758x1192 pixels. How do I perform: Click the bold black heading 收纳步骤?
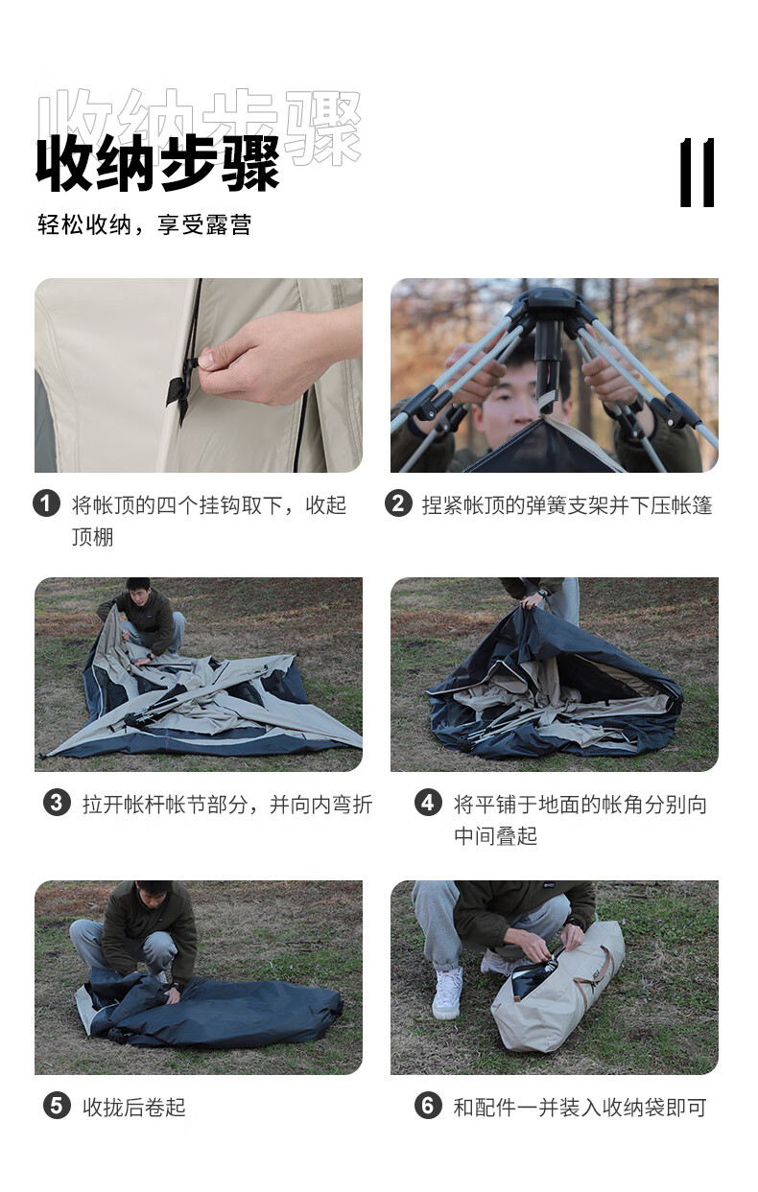[x=157, y=163]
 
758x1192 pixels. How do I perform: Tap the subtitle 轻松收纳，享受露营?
[x=144, y=224]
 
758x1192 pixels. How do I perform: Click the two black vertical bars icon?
[x=697, y=173]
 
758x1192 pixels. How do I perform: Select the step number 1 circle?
[x=46, y=503]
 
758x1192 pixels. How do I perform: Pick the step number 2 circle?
[x=399, y=503]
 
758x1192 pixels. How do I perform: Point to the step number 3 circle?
[x=57, y=803]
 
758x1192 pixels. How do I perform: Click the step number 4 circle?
[x=429, y=803]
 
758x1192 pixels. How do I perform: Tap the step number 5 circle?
[x=57, y=1106]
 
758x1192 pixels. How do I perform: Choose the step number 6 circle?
[x=429, y=1106]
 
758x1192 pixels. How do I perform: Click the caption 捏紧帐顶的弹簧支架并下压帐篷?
[x=567, y=505]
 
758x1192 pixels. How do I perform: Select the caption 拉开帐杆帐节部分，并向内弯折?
[x=227, y=804]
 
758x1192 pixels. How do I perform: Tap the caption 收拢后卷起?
[x=134, y=1107]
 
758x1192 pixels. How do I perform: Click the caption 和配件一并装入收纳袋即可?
[x=580, y=1107]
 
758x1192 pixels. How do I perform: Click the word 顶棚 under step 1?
[x=93, y=537]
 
